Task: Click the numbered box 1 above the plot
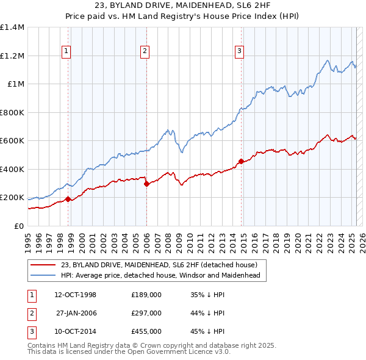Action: [x=66, y=51]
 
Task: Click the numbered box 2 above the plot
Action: [x=145, y=51]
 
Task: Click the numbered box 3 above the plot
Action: [x=240, y=51]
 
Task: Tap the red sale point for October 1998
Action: [x=68, y=199]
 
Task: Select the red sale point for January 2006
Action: [x=146, y=184]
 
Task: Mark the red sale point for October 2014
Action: [x=241, y=161]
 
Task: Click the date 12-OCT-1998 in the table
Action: [x=75, y=295]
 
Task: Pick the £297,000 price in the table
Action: [x=146, y=313]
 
